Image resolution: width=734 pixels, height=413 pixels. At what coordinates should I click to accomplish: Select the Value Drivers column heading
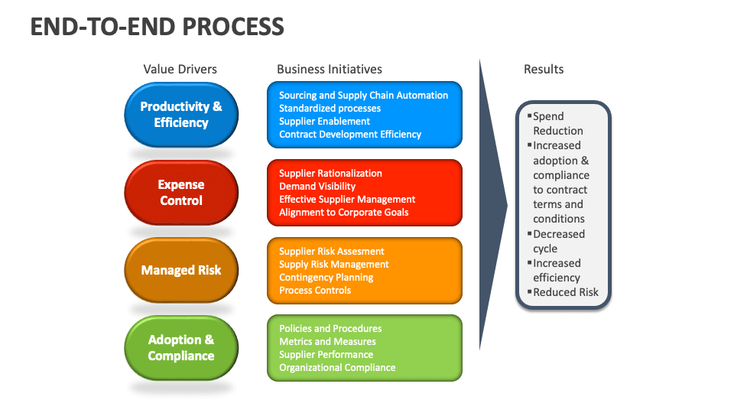point(180,69)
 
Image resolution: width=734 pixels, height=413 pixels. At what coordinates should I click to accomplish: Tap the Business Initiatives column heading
point(330,69)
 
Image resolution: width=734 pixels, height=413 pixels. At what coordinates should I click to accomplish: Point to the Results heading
point(544,69)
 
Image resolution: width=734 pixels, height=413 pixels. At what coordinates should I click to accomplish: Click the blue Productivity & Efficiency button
point(181,115)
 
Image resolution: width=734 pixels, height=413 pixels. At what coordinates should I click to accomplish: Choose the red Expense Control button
point(181,193)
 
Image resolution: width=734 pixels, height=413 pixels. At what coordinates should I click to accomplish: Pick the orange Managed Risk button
point(181,270)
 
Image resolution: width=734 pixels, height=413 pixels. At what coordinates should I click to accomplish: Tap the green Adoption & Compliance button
point(181,347)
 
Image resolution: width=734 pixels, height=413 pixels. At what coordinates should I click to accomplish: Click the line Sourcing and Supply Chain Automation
point(363,96)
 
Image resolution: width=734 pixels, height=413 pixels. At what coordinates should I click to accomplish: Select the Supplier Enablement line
point(324,122)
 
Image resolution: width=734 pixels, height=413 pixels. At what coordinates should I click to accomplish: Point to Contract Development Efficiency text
point(350,135)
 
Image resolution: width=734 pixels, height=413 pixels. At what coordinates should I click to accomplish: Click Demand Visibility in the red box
point(317,187)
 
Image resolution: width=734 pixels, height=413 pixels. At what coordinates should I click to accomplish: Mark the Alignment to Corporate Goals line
point(344,213)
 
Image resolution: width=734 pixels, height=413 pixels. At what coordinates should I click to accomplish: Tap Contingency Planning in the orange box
point(326,278)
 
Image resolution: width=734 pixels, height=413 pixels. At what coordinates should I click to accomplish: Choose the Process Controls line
point(315,291)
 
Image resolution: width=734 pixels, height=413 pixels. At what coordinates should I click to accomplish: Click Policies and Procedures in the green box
point(330,329)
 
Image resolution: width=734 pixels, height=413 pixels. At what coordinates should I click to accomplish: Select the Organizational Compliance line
point(337,368)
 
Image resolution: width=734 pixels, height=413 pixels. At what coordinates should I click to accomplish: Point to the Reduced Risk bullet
point(565,292)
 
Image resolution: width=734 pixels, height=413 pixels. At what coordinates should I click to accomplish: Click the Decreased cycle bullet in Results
point(558,241)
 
